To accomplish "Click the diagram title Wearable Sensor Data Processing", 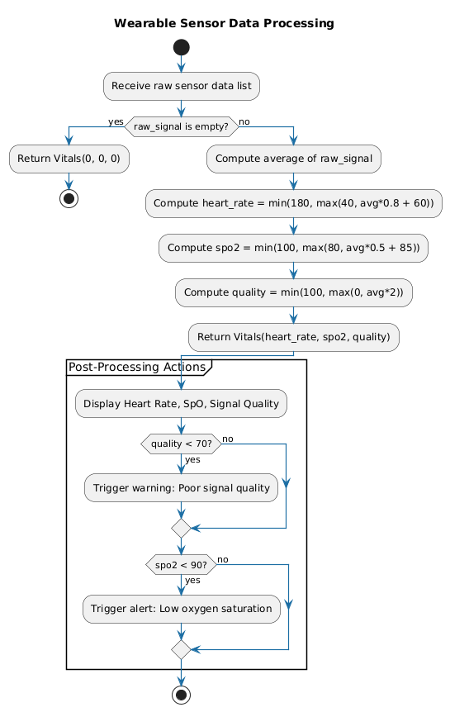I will pyautogui.click(x=225, y=23).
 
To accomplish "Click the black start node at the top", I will pyautogui.click(x=181, y=47).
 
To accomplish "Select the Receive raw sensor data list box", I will pyautogui.click(x=181, y=85).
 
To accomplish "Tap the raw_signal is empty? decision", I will pyautogui.click(x=181, y=126).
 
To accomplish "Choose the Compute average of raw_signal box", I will pyautogui.click(x=294, y=158).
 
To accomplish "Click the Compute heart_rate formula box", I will pyautogui.click(x=294, y=202).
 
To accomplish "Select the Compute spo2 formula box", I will pyautogui.click(x=294, y=247).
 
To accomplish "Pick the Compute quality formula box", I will pyautogui.click(x=294, y=292).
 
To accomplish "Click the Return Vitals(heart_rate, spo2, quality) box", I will pyautogui.click(x=294, y=336).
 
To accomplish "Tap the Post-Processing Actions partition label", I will pyautogui.click(x=136, y=367).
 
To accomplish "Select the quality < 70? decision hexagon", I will pyautogui.click(x=181, y=444).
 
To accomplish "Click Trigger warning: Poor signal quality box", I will pyautogui.click(x=181, y=488).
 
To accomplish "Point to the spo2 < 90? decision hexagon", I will pyautogui.click(x=181, y=564).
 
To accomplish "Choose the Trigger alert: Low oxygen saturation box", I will pyautogui.click(x=181, y=609).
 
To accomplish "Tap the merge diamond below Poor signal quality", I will pyautogui.click(x=181, y=526).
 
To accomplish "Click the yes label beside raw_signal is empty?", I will pyautogui.click(x=114, y=121).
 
